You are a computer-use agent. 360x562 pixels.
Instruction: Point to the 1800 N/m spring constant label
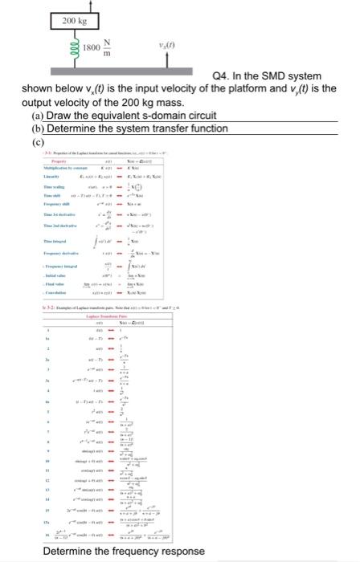(x=101, y=48)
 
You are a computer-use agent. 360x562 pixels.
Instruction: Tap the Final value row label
(x=57, y=284)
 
